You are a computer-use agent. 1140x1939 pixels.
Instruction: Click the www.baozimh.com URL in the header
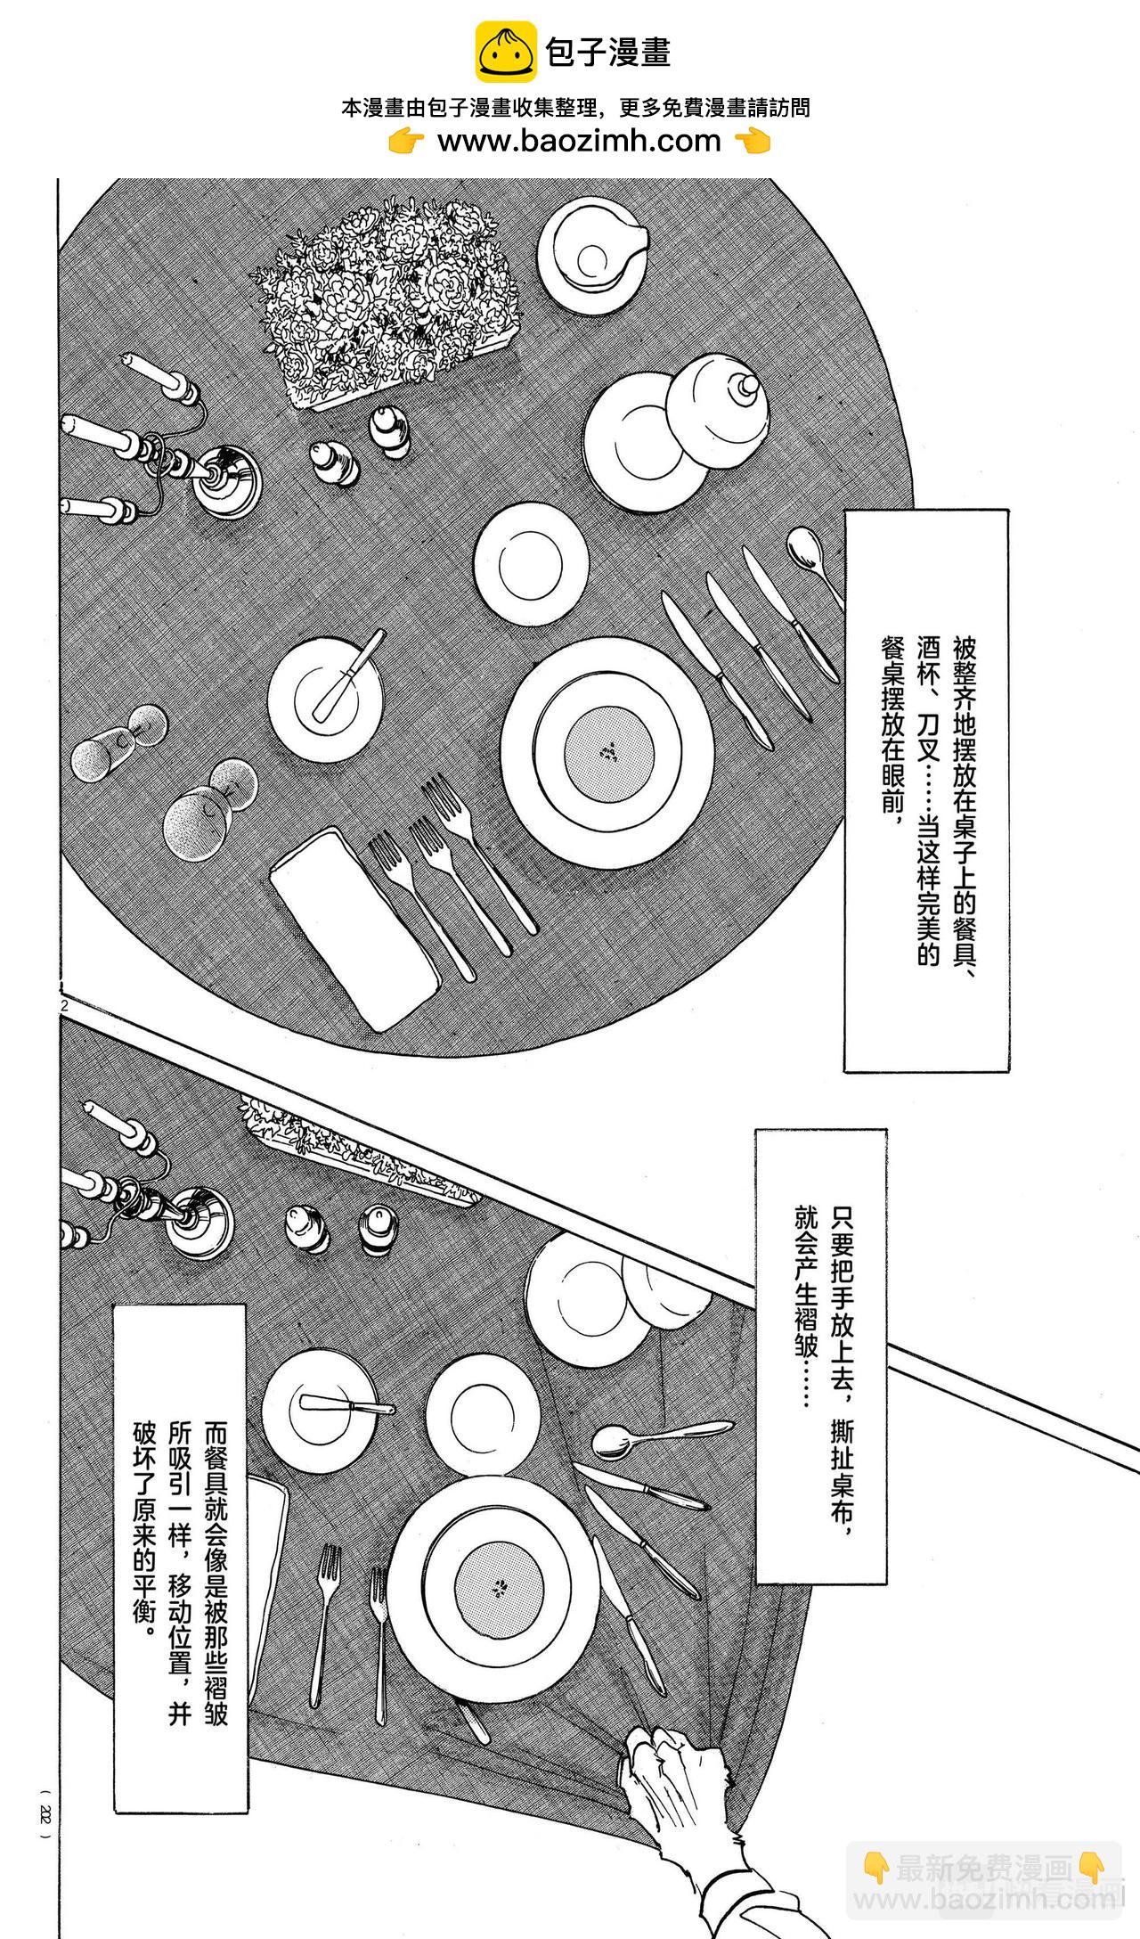point(579,141)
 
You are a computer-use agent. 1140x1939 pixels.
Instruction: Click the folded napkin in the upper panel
point(355,928)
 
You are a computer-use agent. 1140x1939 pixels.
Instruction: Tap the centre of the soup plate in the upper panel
point(610,754)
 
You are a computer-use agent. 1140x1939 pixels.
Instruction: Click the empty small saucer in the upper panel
point(531,564)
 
